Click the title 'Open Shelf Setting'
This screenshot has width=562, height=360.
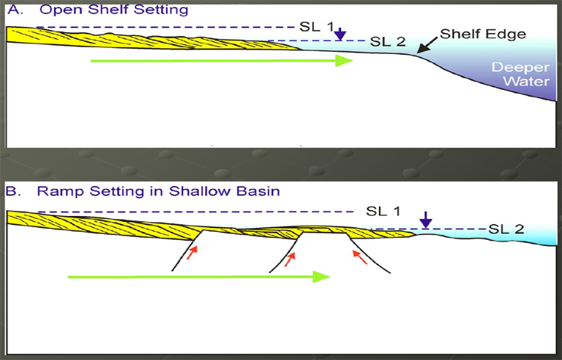point(114,9)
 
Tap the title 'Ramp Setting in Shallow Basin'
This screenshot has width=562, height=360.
point(158,191)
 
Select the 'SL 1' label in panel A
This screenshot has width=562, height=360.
point(316,27)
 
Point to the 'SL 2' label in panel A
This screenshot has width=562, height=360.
point(388,41)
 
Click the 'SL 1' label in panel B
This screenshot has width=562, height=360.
point(383,211)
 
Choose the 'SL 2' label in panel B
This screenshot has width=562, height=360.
point(506,229)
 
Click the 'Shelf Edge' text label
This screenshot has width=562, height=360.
point(483,34)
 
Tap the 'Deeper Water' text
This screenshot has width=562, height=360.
point(521,73)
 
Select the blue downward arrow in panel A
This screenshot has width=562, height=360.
point(340,34)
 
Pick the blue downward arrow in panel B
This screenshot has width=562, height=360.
point(426,220)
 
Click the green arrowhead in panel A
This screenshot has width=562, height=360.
point(344,61)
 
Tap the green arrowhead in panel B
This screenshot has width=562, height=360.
point(321,277)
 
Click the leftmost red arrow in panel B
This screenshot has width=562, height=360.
point(193,253)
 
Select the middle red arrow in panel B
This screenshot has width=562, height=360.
point(290,259)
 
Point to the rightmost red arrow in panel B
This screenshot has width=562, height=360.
point(360,257)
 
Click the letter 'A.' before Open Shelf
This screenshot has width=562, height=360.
point(15,9)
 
